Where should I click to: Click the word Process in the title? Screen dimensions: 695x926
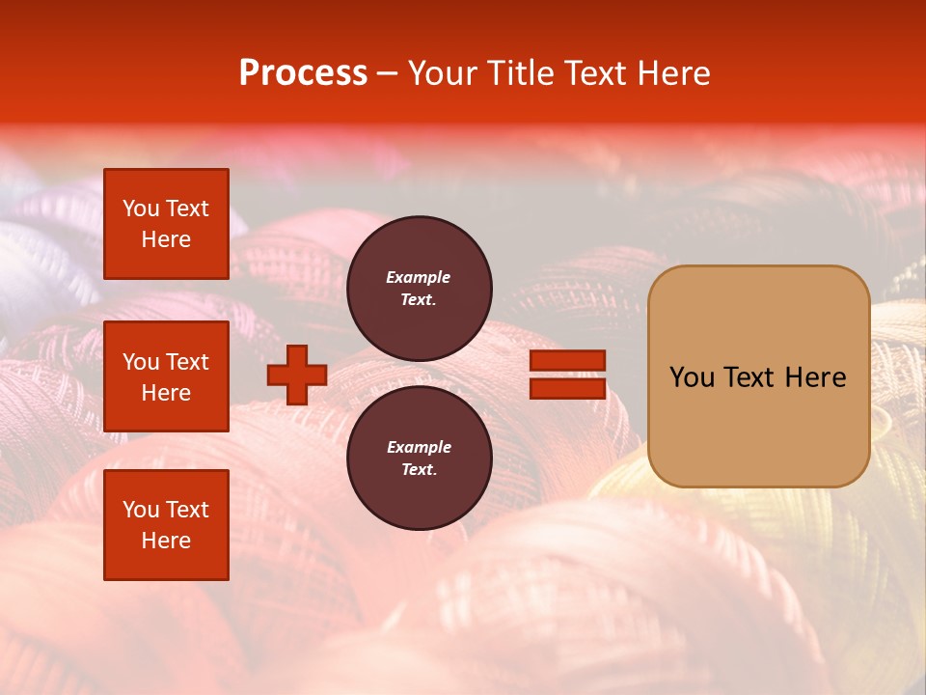click(303, 73)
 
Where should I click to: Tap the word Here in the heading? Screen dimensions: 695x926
click(672, 73)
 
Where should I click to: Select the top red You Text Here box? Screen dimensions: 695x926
click(166, 224)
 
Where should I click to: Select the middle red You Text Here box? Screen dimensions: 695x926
click(166, 376)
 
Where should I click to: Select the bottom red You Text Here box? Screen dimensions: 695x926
click(166, 524)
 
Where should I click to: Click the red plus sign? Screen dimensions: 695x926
click(297, 375)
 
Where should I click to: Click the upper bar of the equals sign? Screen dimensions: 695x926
click(567, 361)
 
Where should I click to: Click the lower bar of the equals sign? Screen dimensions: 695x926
click(567, 388)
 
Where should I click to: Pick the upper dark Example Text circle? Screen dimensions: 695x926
click(420, 289)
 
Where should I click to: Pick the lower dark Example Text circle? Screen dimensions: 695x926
click(420, 459)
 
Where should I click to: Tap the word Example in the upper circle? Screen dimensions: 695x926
click(418, 277)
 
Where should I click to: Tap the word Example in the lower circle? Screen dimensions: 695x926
click(419, 447)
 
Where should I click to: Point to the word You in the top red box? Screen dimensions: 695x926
click(141, 208)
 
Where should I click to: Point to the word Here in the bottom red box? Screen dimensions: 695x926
click(166, 541)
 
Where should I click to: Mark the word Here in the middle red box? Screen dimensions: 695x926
click(166, 393)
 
